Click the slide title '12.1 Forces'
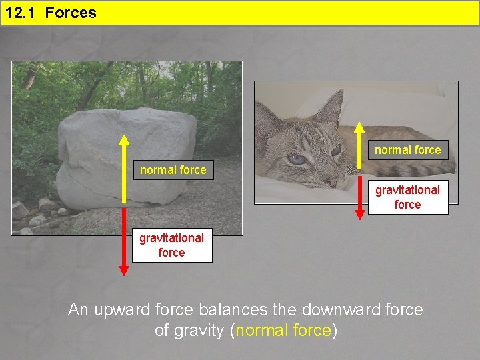tap(51, 13)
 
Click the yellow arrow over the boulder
tap(124, 180)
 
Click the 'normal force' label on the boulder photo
tap(173, 170)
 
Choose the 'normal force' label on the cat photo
tap(407, 150)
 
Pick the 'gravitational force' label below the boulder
tap(171, 245)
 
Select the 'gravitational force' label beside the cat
tap(407, 197)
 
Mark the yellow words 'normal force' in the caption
tap(283, 331)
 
